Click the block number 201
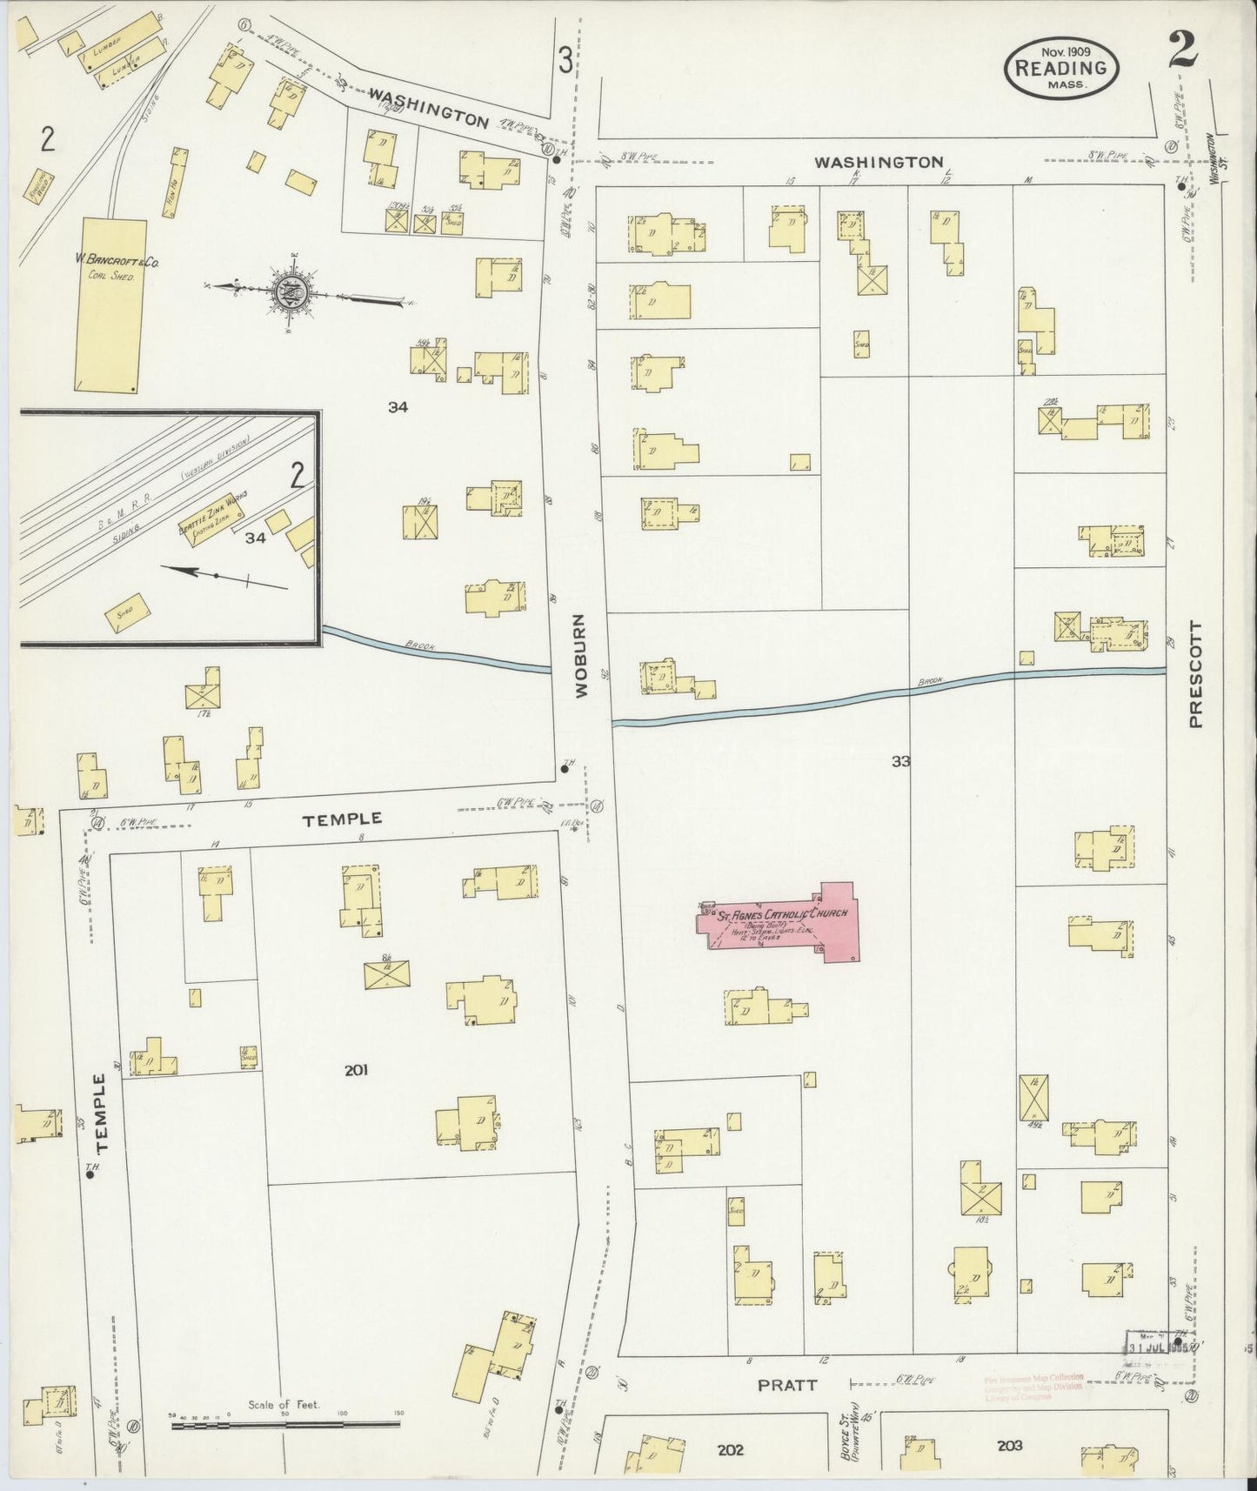[356, 1071]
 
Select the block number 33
[900, 761]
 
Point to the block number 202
[731, 1449]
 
